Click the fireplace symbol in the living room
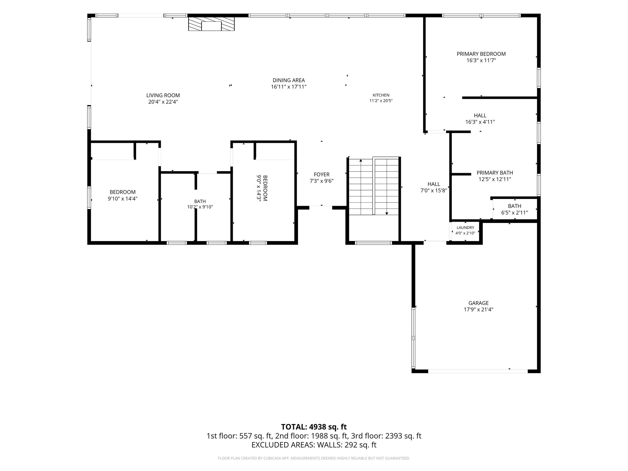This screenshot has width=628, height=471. pyautogui.click(x=211, y=24)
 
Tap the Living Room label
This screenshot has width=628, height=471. pyautogui.click(x=163, y=95)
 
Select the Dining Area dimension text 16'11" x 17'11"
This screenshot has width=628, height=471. pyautogui.click(x=289, y=87)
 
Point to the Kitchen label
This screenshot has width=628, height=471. pyautogui.click(x=381, y=95)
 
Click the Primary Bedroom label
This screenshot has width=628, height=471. pyautogui.click(x=481, y=54)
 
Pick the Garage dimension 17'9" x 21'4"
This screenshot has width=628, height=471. pyautogui.click(x=478, y=310)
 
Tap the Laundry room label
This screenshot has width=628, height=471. pyautogui.click(x=465, y=228)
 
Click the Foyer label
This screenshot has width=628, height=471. pyautogui.click(x=321, y=175)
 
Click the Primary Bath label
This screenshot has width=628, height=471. pyautogui.click(x=495, y=173)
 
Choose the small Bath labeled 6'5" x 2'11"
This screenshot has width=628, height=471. pyautogui.click(x=514, y=206)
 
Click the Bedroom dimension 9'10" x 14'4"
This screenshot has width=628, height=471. pyautogui.click(x=122, y=199)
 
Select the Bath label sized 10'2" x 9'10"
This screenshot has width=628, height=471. pyautogui.click(x=200, y=201)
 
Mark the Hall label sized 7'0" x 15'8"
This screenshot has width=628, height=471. pyautogui.click(x=434, y=184)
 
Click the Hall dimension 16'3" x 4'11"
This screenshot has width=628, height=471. pyautogui.click(x=480, y=122)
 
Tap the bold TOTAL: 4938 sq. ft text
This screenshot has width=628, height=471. pyautogui.click(x=314, y=427)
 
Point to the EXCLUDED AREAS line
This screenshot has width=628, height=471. pyautogui.click(x=314, y=445)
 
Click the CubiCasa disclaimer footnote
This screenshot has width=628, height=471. pyautogui.click(x=314, y=458)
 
